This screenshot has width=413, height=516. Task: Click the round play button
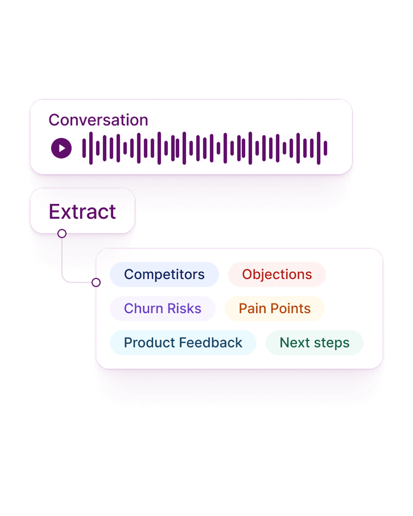[x=61, y=149]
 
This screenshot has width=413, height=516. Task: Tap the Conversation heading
[x=98, y=120]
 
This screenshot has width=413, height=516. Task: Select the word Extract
[x=82, y=212]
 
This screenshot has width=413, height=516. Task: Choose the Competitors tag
[x=164, y=275]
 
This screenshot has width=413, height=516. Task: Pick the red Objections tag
[x=277, y=275]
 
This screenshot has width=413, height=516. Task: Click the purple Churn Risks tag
[x=163, y=309]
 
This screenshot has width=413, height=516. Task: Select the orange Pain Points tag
[x=274, y=309]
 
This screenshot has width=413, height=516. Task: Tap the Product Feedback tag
[x=183, y=343]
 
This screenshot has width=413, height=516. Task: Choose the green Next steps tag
[x=314, y=343]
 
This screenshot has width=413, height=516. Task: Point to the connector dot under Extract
[x=62, y=234]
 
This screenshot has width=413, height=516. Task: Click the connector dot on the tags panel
[x=96, y=282]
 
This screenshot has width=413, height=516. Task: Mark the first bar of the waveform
[x=84, y=149]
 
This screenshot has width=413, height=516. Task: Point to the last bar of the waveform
[x=326, y=149]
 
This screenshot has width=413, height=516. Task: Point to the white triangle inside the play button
[x=62, y=149]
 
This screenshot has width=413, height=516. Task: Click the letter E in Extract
[x=54, y=212]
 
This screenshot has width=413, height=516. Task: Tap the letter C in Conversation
[x=54, y=120]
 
